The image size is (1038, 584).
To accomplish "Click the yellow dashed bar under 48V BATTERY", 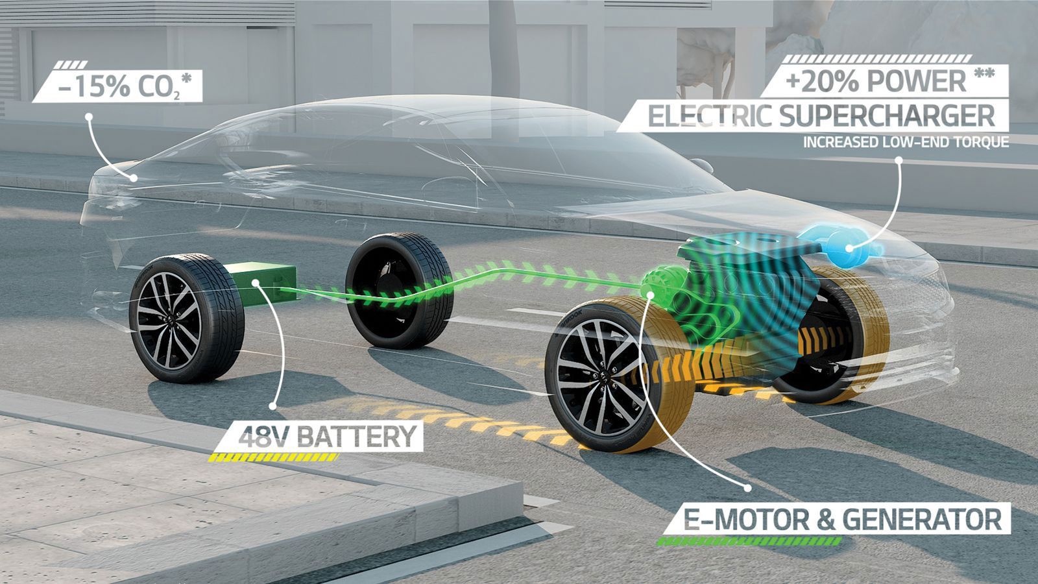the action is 273,457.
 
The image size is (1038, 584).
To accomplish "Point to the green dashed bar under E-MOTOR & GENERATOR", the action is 749,541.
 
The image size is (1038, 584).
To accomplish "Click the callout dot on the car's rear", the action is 134,178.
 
